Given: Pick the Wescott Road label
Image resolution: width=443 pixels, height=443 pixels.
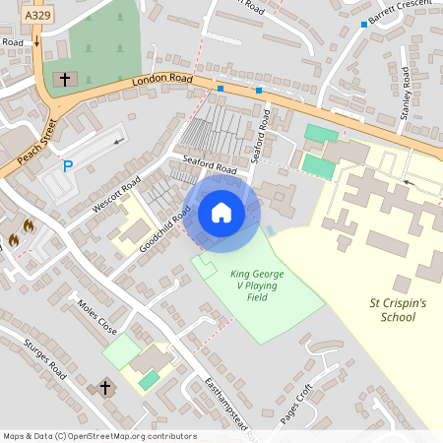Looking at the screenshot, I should click(117, 194).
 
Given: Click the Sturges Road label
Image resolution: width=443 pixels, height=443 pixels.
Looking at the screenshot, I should click(43, 360).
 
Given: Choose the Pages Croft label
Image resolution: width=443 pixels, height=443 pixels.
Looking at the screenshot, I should click(295, 402).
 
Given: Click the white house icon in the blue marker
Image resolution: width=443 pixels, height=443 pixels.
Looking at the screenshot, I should click(221, 213).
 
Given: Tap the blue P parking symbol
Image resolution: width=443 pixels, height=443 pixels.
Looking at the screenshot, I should click(68, 167).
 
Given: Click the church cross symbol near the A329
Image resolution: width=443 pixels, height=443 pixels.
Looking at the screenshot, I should click(65, 78).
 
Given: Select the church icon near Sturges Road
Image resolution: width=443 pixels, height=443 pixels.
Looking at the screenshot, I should click(105, 388).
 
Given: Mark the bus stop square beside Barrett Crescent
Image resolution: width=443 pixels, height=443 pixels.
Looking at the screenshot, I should click(364, 24).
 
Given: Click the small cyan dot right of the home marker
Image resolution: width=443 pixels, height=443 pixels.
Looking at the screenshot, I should click(269, 230).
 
